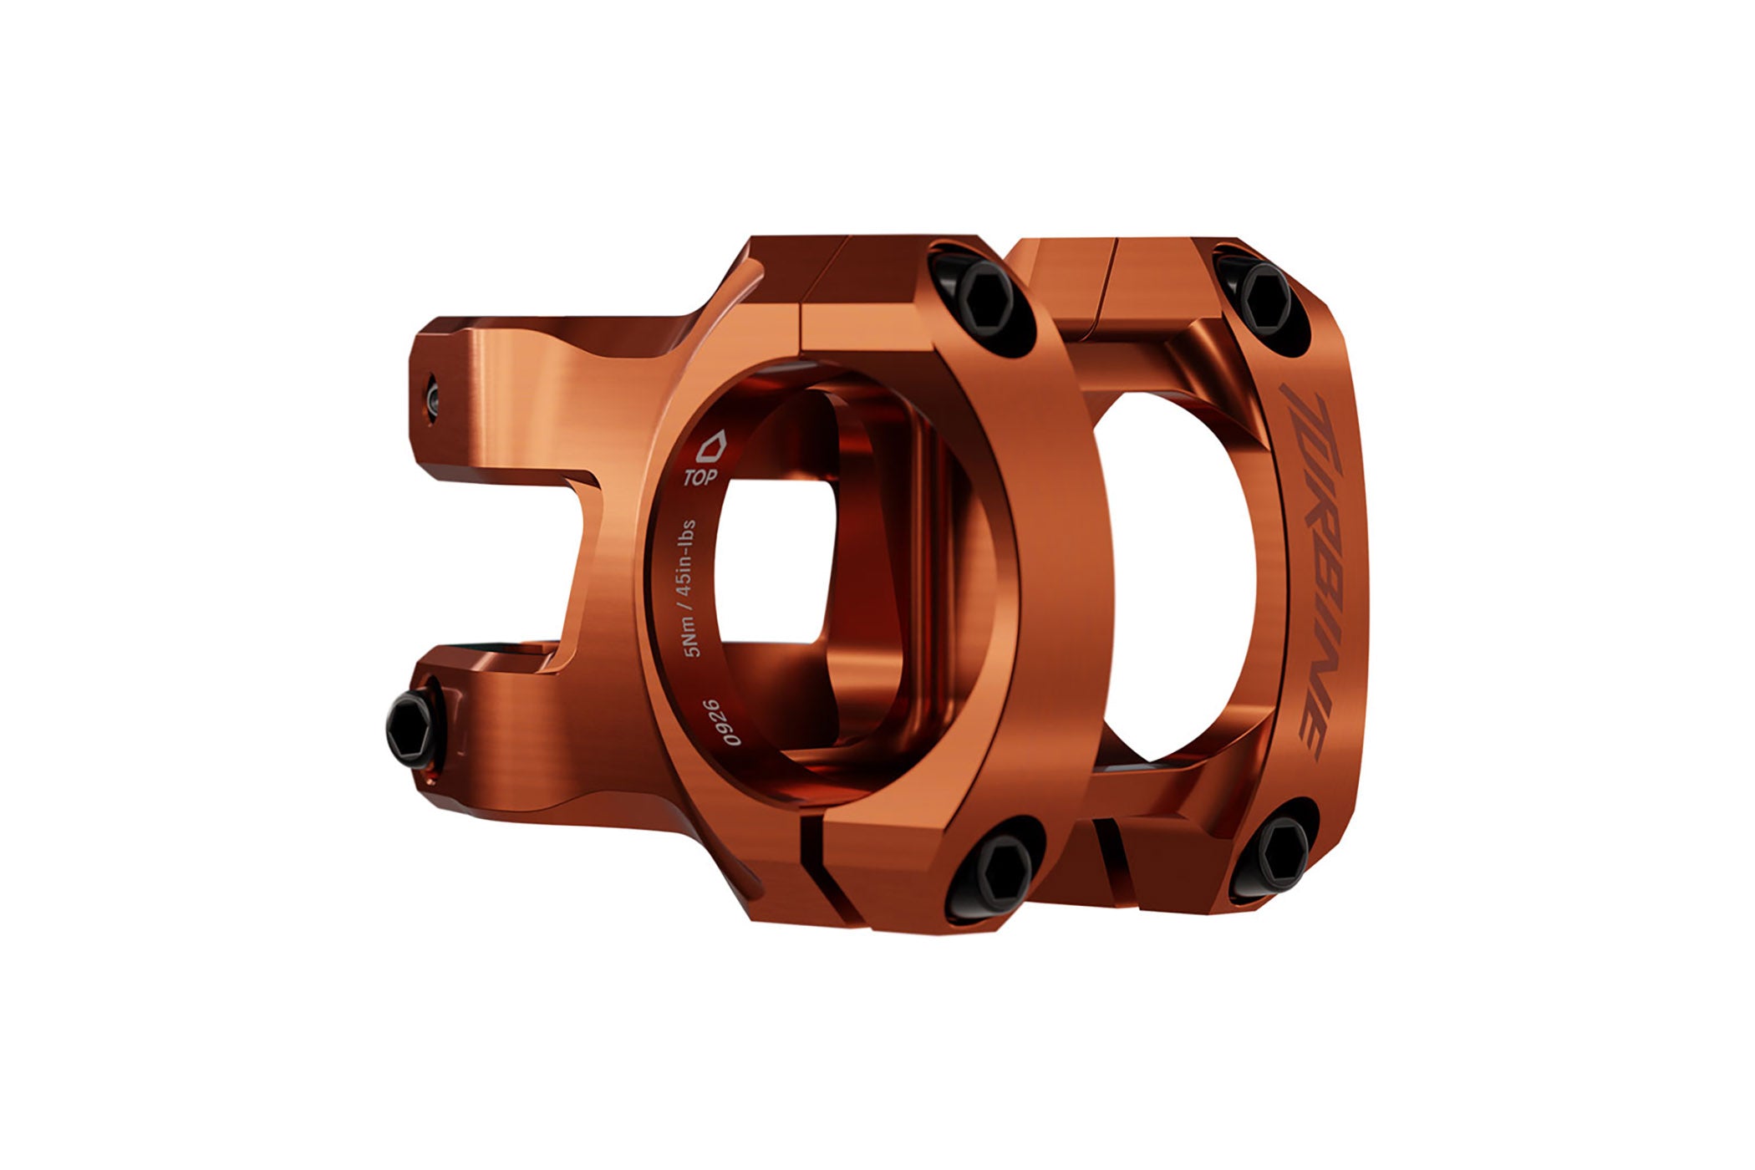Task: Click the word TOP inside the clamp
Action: (x=699, y=478)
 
